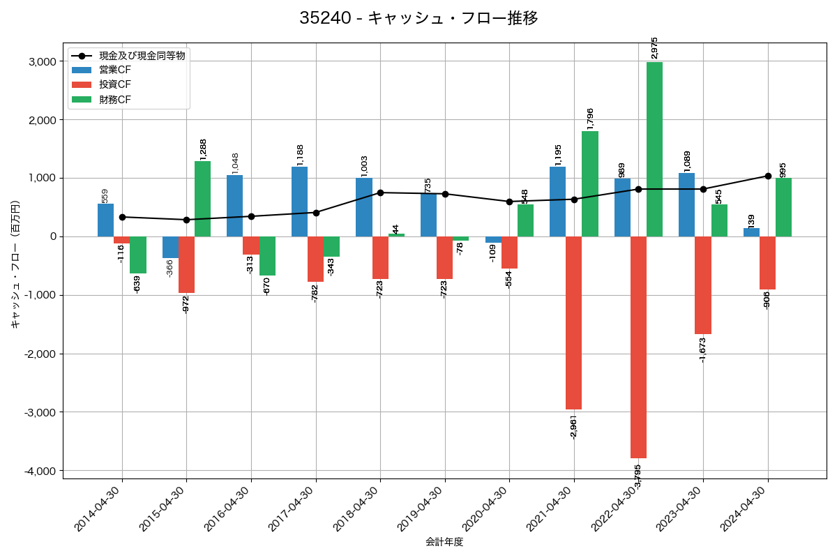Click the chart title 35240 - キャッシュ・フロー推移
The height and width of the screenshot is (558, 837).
(x=418, y=18)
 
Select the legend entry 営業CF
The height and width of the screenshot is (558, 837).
(x=114, y=70)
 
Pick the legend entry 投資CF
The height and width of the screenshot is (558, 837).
(x=114, y=84)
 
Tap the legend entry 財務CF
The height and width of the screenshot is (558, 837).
(x=114, y=100)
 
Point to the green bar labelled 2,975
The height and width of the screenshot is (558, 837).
(x=654, y=149)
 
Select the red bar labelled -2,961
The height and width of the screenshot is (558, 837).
(x=573, y=323)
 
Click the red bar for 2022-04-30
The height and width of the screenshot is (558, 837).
(x=638, y=347)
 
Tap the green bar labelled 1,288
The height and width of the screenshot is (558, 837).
(x=202, y=199)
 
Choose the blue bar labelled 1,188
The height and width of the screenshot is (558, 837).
(x=299, y=202)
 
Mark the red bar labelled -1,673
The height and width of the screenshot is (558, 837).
(x=702, y=285)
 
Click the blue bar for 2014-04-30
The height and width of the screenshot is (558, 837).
(x=105, y=220)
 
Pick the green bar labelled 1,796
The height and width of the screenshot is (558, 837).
(x=589, y=184)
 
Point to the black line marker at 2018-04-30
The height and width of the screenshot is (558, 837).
(x=380, y=193)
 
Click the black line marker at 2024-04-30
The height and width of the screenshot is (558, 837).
(x=768, y=176)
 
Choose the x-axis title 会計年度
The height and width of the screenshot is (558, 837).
(x=444, y=542)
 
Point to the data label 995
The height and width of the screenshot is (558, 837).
(x=783, y=170)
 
